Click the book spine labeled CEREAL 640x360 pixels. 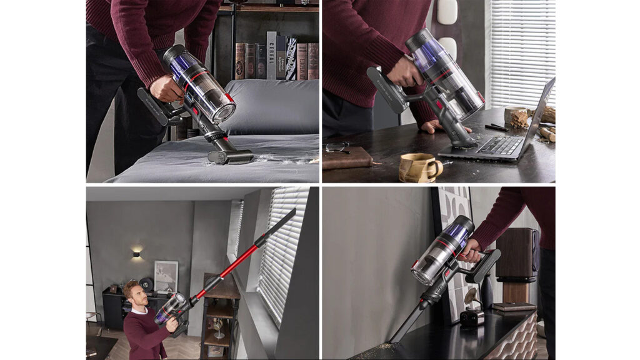(271, 55)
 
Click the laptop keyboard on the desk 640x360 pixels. (500, 146)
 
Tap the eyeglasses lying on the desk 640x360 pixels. (337, 147)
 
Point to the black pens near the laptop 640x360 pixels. (496, 127)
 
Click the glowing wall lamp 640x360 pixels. (137, 254)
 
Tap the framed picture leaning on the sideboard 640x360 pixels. (166, 276)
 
